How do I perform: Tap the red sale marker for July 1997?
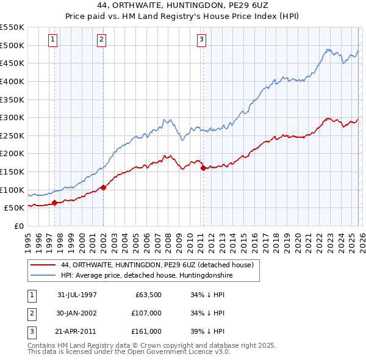pyautogui.click(x=54, y=203)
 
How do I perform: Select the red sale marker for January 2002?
pyautogui.click(x=103, y=187)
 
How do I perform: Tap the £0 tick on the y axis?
pyautogui.click(x=18, y=226)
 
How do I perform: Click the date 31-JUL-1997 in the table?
pyautogui.click(x=77, y=295)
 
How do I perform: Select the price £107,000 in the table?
pyautogui.click(x=146, y=313)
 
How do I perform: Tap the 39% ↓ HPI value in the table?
pyautogui.click(x=207, y=331)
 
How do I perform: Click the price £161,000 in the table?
pyautogui.click(x=146, y=331)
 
